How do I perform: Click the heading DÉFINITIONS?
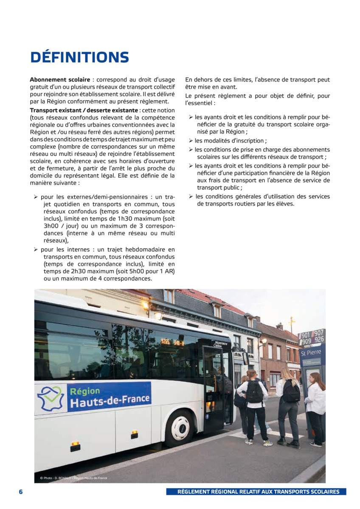79,57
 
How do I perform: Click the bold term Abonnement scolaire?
60,80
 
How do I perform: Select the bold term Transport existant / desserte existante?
84,110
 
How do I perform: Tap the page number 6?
20,492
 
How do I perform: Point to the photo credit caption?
75,478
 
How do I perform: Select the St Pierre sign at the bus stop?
311,353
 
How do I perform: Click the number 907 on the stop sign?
319,333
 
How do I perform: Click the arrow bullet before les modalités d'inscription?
191,141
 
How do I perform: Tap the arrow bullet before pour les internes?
36,249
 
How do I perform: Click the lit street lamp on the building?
158,316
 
